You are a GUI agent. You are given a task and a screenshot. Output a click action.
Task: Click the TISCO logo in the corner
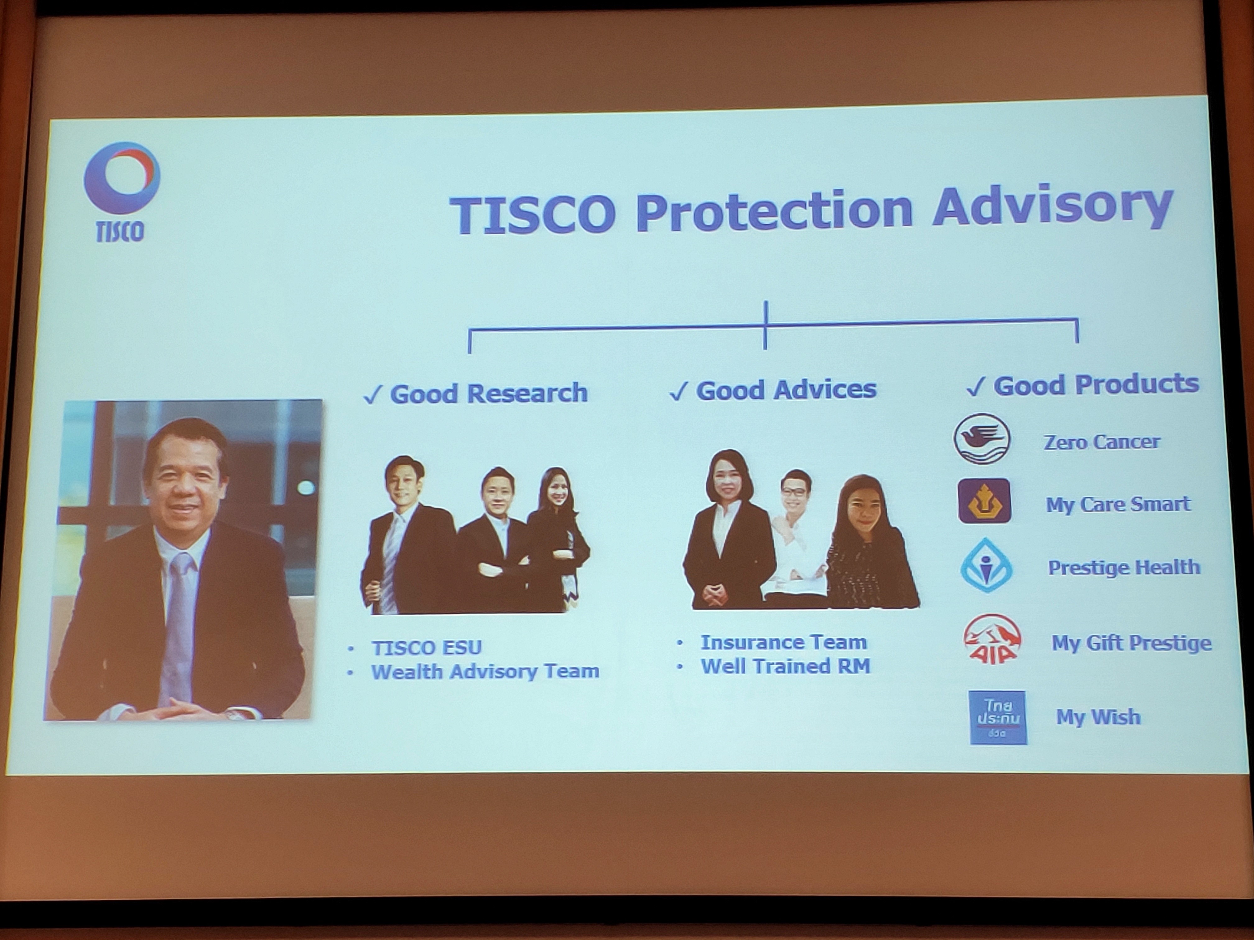[121, 191]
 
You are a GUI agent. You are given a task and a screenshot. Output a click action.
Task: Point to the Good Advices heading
[773, 390]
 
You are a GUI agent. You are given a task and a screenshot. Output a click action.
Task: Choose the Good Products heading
[1083, 385]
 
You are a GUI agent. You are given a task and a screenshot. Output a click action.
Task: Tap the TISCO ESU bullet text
[426, 647]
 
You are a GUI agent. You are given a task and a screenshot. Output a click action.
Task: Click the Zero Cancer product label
[1102, 442]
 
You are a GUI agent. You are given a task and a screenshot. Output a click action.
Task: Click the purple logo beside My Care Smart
[984, 501]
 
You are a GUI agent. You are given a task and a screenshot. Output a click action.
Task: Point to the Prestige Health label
[1124, 568]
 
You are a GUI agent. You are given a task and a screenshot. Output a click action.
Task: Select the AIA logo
[993, 639]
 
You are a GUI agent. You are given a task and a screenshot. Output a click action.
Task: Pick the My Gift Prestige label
[1131, 643]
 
